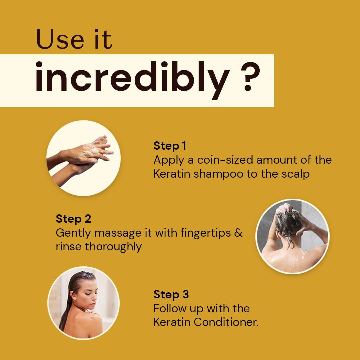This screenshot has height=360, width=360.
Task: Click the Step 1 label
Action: [x=169, y=146]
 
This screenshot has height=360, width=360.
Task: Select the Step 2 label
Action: [x=73, y=219]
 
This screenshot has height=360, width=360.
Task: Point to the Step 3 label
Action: [x=171, y=294]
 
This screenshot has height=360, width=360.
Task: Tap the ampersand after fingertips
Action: [x=238, y=233]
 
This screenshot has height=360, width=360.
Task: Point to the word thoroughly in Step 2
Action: [x=114, y=247]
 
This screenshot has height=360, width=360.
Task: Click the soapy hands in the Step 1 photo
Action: [x=87, y=153]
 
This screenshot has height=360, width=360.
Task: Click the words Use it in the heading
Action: [x=74, y=39]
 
